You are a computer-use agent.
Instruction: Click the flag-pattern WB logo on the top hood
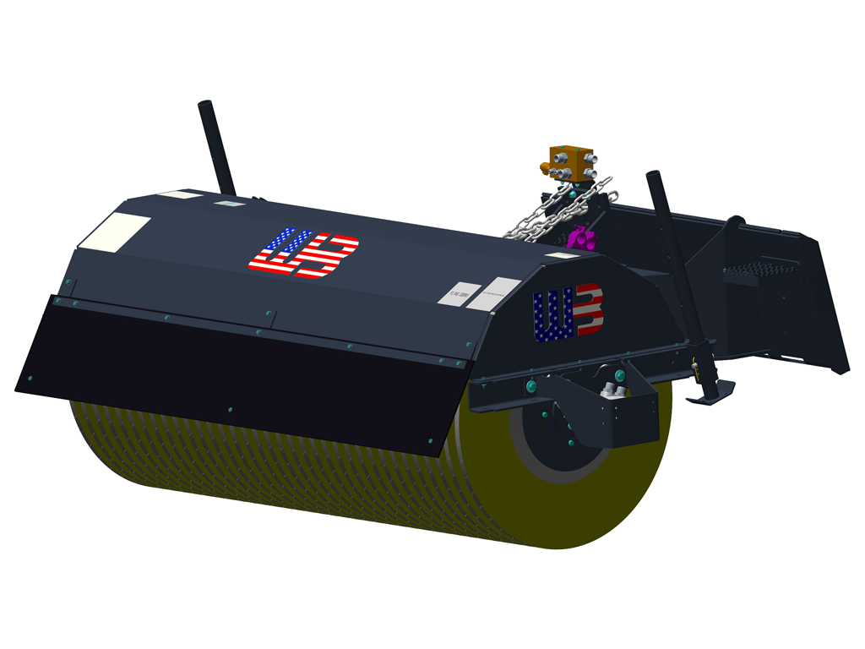pyautogui.click(x=303, y=253)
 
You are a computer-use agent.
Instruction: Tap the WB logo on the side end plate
pyautogui.click(x=568, y=312)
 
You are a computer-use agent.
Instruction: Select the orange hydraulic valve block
pyautogui.click(x=571, y=163)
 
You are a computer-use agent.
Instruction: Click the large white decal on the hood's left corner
pyautogui.click(x=116, y=230)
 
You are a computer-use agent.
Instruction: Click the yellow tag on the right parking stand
pyautogui.click(x=694, y=365)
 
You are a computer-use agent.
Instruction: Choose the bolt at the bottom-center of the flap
pyautogui.click(x=229, y=410)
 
